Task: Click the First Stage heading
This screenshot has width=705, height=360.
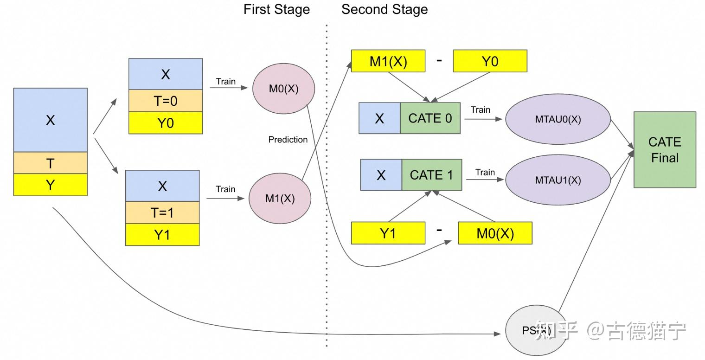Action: tap(276, 10)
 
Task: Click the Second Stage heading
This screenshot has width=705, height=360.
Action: tap(385, 10)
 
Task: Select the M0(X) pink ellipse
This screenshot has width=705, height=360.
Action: tap(283, 89)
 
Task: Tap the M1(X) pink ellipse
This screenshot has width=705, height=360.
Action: tap(280, 199)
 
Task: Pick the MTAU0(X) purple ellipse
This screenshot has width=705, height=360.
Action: tap(558, 119)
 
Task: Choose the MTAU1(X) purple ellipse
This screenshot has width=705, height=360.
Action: tap(558, 180)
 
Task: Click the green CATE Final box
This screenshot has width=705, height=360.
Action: tap(665, 149)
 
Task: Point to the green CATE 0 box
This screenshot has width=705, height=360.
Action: tap(430, 118)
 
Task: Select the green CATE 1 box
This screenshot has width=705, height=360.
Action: tap(431, 175)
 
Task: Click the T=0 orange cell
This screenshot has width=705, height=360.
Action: tap(166, 101)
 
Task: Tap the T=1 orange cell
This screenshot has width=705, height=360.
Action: tap(162, 212)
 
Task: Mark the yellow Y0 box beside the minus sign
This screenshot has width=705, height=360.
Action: tap(490, 61)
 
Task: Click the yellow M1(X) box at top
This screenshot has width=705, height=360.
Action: tap(388, 61)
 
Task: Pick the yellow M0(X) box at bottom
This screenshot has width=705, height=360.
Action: tap(495, 233)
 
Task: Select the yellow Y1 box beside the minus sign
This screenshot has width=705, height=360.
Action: tap(388, 233)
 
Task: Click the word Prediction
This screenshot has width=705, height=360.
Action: tap(288, 140)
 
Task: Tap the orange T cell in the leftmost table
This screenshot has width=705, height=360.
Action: tap(50, 163)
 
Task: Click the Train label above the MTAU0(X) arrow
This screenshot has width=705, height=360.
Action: tap(480, 110)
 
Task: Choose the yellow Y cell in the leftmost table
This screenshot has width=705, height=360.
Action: tap(50, 185)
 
